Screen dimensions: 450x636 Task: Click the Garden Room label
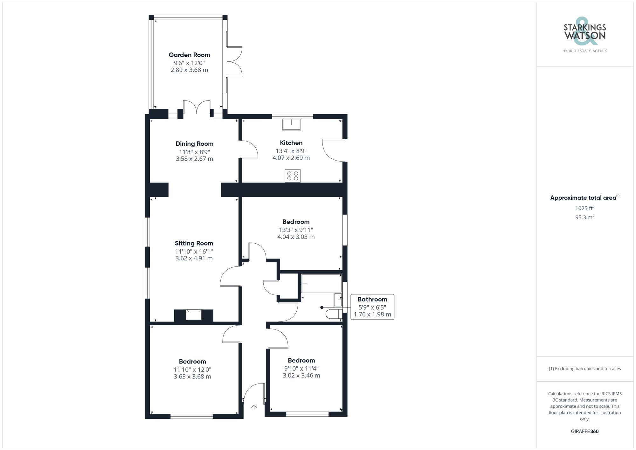pyautogui.click(x=189, y=55)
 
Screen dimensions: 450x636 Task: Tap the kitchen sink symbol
pyautogui.click(x=291, y=124)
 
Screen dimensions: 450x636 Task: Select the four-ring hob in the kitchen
pyautogui.click(x=293, y=176)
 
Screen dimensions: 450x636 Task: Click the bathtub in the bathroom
pyautogui.click(x=321, y=283)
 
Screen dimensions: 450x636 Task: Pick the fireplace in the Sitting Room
pyautogui.click(x=193, y=315)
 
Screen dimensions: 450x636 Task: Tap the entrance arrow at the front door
pyautogui.click(x=254, y=407)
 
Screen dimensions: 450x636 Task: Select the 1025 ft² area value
pyautogui.click(x=584, y=208)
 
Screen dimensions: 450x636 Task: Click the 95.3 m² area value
pyautogui.click(x=584, y=217)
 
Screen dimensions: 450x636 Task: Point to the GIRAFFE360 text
pyautogui.click(x=584, y=431)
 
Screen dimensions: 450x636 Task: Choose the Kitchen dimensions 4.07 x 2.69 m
pyautogui.click(x=291, y=158)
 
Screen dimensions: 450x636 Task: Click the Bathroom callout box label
pyautogui.click(x=372, y=299)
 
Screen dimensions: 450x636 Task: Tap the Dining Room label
pyautogui.click(x=194, y=144)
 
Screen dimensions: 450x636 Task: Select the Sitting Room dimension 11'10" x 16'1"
pyautogui.click(x=194, y=251)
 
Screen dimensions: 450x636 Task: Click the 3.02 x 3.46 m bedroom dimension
pyautogui.click(x=301, y=375)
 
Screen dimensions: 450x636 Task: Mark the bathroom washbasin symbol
pyautogui.click(x=338, y=300)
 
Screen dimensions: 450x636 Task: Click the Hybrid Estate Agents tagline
pyautogui.click(x=584, y=51)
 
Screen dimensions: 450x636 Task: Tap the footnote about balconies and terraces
pyautogui.click(x=584, y=369)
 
